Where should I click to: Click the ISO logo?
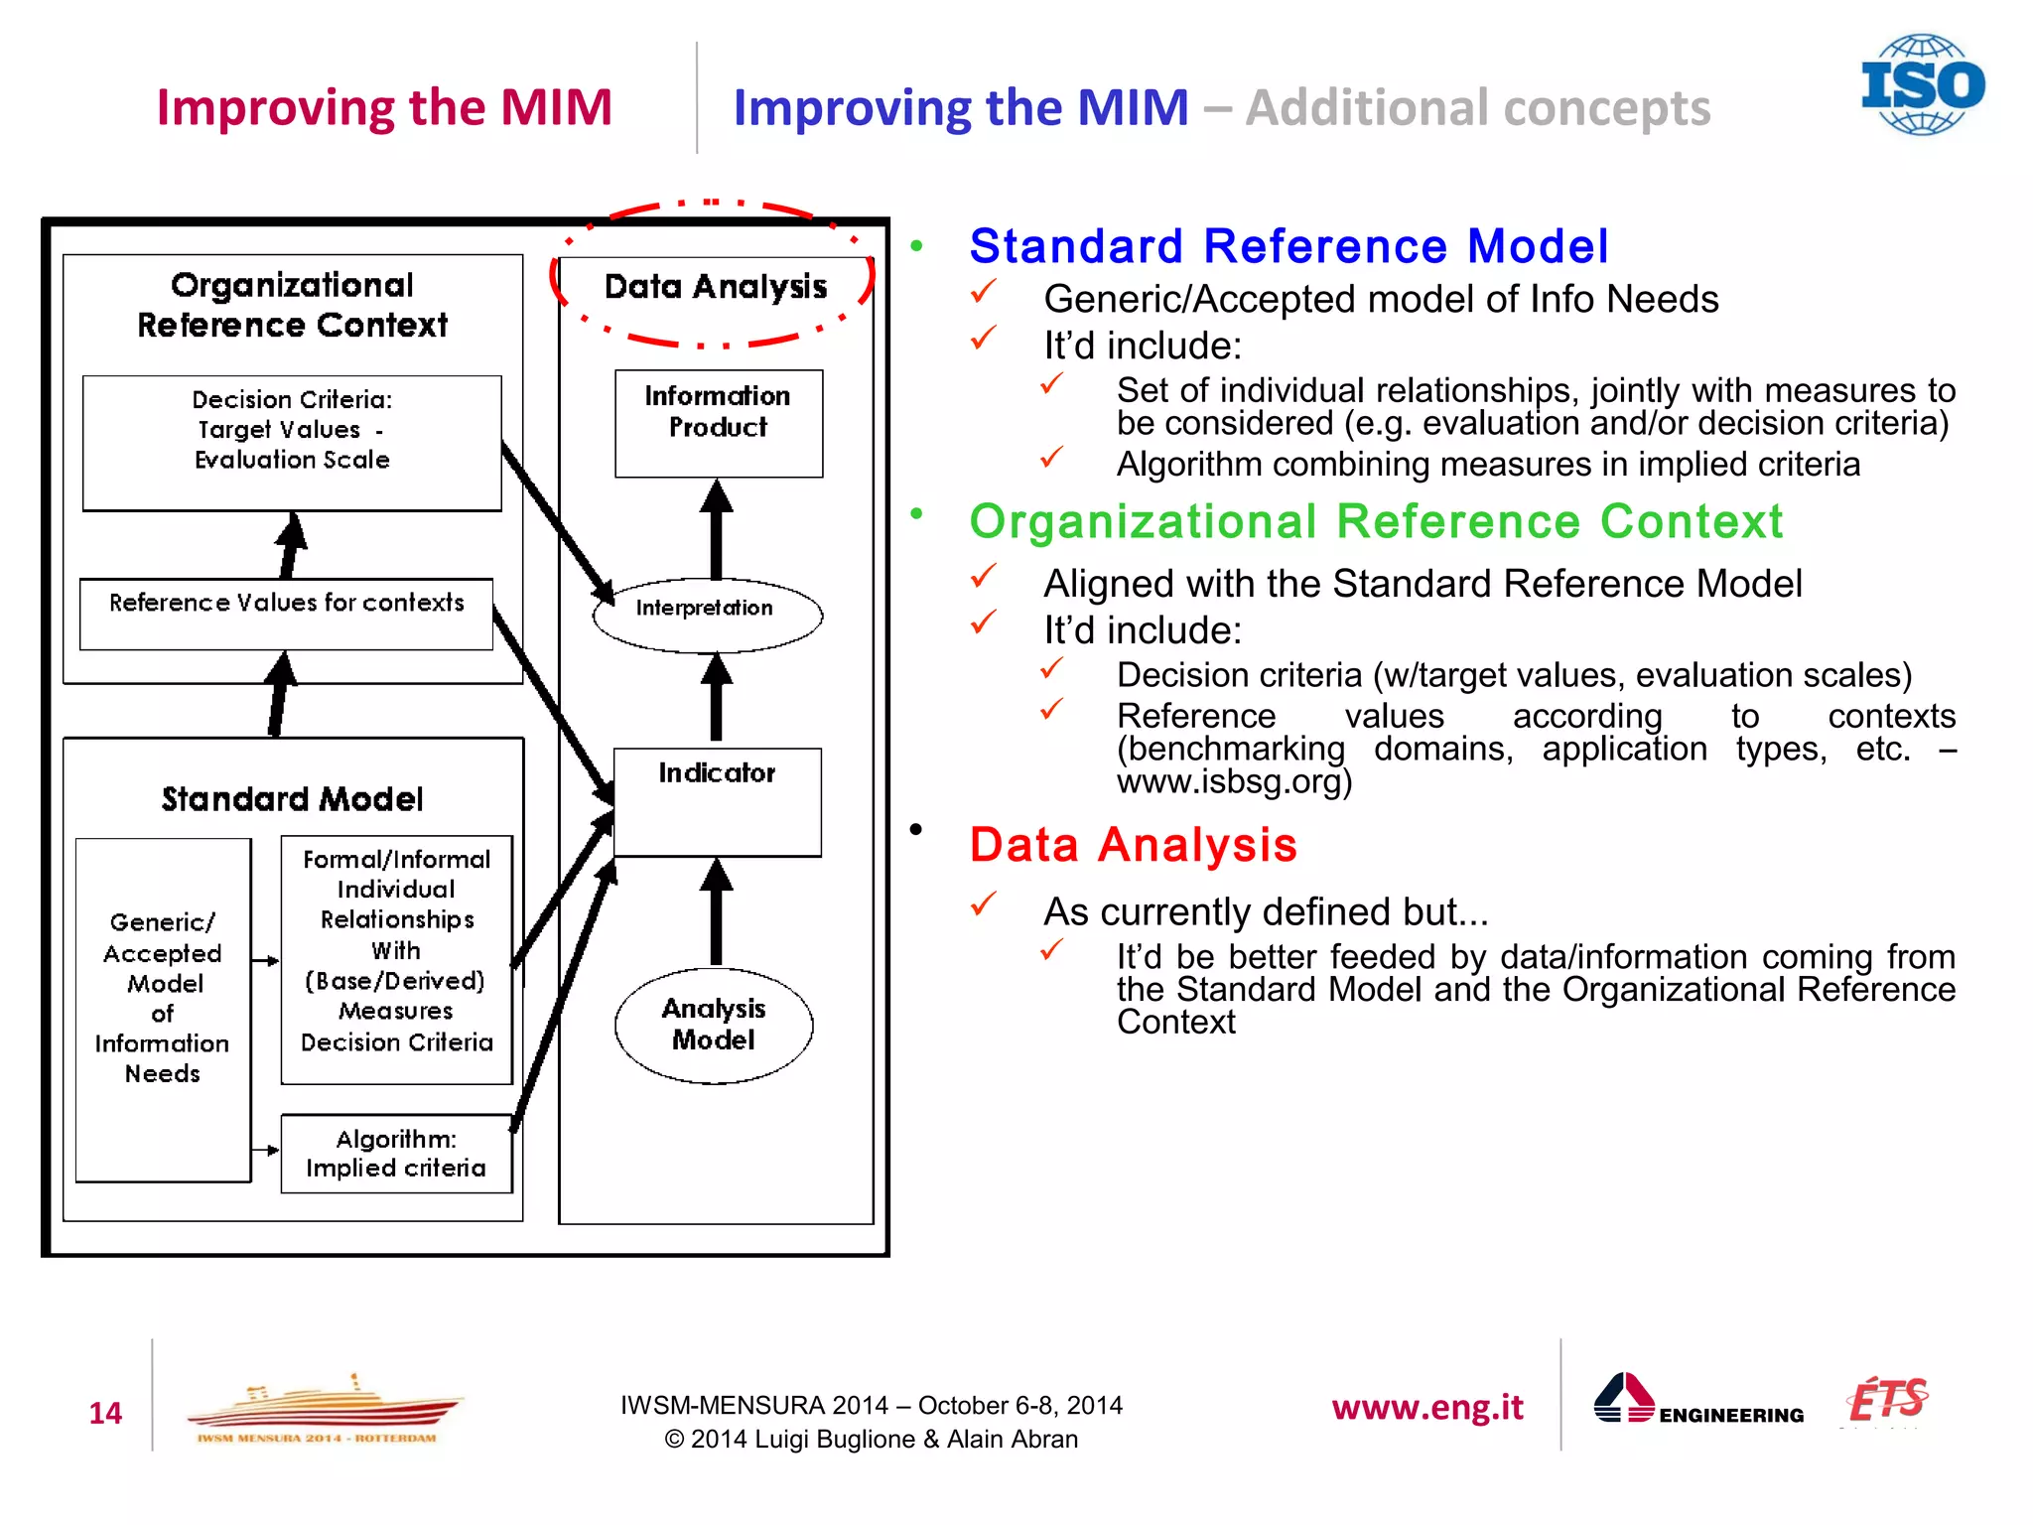click(x=1922, y=84)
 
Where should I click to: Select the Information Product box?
click(x=718, y=423)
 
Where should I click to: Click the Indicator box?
click(x=717, y=801)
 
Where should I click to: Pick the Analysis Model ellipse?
click(x=713, y=1025)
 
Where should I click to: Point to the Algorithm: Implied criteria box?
click(x=396, y=1153)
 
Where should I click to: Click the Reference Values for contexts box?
click(x=286, y=613)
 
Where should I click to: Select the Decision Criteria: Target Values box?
click(x=292, y=442)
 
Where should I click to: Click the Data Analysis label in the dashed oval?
click(x=715, y=287)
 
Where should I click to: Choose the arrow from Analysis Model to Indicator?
click(x=716, y=911)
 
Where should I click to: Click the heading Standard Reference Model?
click(x=1288, y=245)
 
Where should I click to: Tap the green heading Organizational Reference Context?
click(x=1375, y=521)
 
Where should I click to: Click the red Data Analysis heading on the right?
click(x=1133, y=845)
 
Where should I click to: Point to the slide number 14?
click(x=105, y=1412)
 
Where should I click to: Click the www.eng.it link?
click(x=1426, y=1407)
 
